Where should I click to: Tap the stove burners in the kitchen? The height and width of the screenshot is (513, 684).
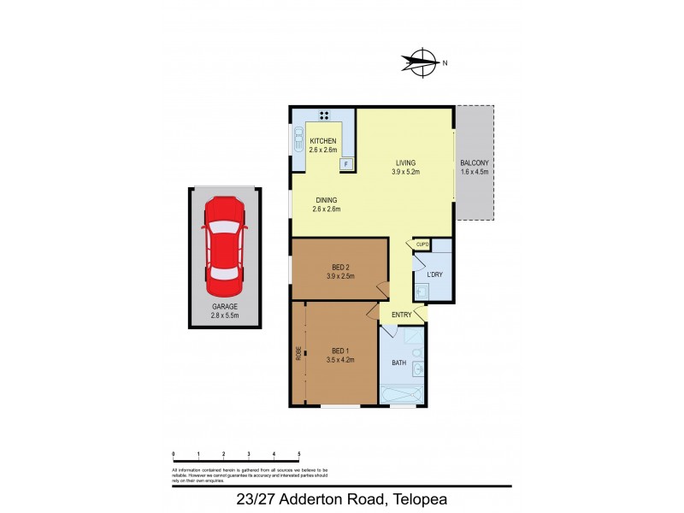tap(325, 115)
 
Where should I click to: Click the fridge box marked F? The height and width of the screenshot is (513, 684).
tap(346, 162)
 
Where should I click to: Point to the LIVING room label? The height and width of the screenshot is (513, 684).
tap(405, 162)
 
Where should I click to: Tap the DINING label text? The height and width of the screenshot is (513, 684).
tap(325, 200)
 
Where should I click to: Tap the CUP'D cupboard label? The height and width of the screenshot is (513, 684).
tap(422, 245)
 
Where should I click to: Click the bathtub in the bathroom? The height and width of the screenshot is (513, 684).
tap(401, 396)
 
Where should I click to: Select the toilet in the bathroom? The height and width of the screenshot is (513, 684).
tap(416, 351)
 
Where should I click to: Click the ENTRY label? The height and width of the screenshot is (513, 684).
tap(402, 315)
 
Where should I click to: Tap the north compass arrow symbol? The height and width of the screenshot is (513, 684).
tap(418, 62)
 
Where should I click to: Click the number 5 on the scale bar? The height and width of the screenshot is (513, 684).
tap(298, 453)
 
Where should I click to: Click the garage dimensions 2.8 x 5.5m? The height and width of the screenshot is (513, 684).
tap(224, 315)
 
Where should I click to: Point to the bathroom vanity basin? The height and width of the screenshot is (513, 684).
tap(418, 370)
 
